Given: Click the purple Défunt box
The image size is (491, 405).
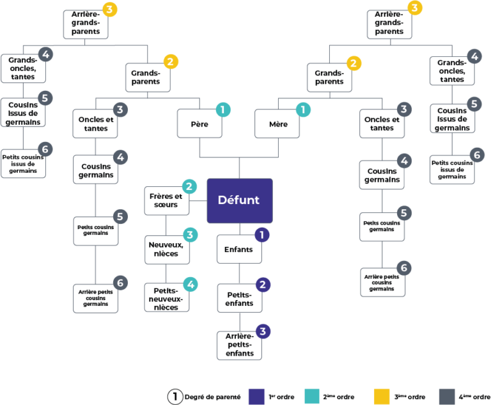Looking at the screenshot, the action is click(240, 201).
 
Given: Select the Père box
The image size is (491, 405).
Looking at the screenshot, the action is click(199, 123).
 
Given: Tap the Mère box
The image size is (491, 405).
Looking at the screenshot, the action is click(277, 123).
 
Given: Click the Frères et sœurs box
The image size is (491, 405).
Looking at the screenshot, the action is click(167, 201).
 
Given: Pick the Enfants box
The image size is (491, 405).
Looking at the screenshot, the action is click(239, 249).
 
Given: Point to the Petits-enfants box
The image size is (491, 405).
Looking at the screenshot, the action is click(240, 298).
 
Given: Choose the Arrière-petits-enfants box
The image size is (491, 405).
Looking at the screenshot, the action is click(239, 345).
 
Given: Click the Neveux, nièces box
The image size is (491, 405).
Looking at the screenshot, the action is click(168, 250).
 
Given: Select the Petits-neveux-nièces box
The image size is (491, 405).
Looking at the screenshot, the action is click(167, 298).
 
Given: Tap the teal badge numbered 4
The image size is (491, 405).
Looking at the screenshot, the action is click(191, 285).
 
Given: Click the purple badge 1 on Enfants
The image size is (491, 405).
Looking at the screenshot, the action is click(261, 235).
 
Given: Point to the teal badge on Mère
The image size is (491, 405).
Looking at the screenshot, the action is click(303, 109).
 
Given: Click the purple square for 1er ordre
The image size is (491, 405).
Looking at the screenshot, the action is click(256, 397).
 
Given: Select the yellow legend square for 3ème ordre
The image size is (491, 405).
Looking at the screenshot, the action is click(382, 397).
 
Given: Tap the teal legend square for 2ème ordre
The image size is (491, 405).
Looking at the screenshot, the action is click(312, 397).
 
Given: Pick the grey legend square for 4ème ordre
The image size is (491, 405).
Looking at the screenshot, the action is click(447, 397).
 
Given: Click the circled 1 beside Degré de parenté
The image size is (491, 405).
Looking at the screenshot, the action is click(175, 397).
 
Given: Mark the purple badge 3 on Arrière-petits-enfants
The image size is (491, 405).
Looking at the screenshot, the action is click(263, 331).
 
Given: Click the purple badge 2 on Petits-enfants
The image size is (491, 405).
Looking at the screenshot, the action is click(263, 285).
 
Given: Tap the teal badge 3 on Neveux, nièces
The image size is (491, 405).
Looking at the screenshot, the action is click(191, 235).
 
